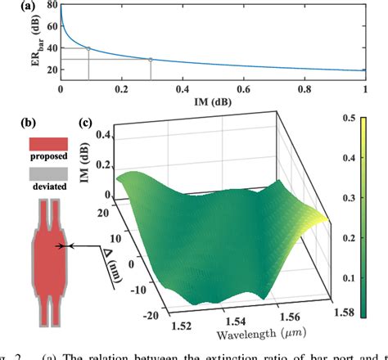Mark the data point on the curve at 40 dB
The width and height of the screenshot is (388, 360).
[x=88, y=48]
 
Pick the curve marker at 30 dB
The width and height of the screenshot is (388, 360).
[x=150, y=59]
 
